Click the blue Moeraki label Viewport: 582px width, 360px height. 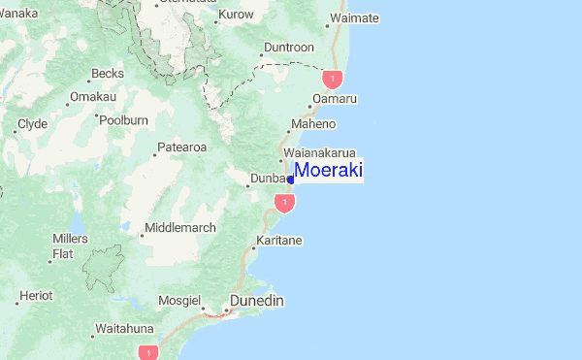tap(328, 170)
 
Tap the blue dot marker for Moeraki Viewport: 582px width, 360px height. tap(291, 180)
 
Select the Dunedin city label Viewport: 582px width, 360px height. tap(257, 301)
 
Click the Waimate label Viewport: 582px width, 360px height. tap(354, 18)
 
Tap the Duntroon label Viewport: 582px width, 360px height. tap(289, 47)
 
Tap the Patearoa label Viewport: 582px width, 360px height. tap(183, 147)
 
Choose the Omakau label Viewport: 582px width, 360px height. tap(93, 97)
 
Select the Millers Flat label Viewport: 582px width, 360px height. tap(70, 246)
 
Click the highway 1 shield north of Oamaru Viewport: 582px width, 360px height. tap(334, 77)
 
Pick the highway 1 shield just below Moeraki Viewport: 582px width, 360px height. tap(284, 202)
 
